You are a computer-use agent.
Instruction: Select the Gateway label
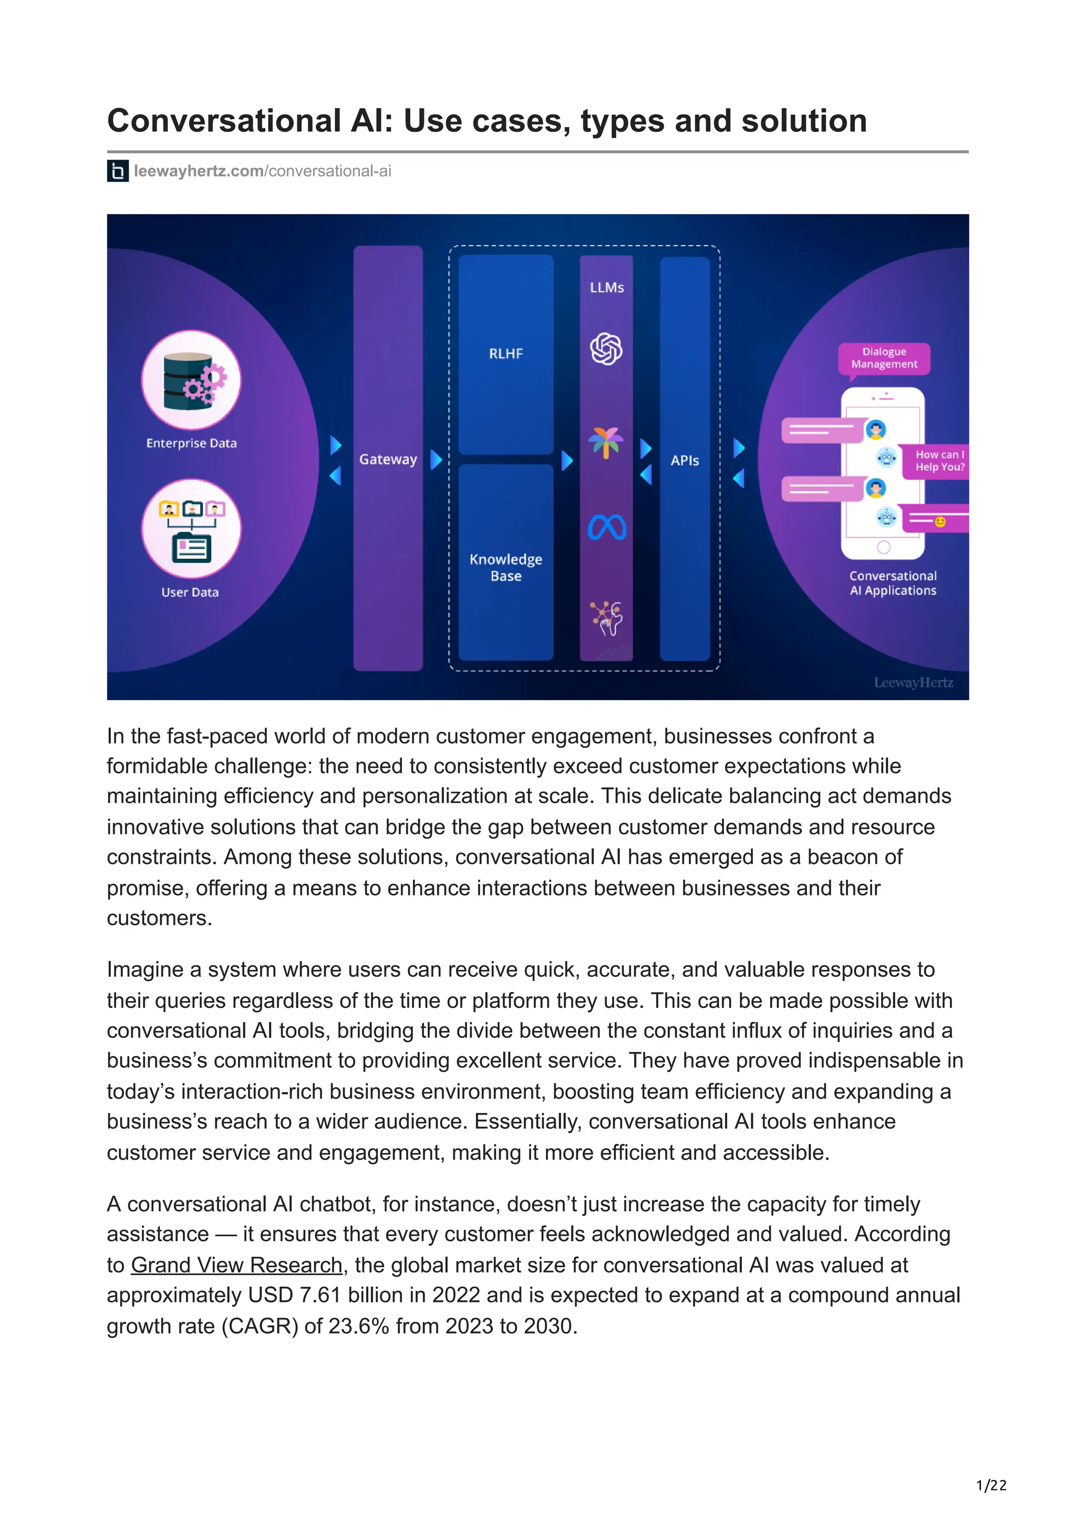(388, 460)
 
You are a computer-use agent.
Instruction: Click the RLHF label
(506, 354)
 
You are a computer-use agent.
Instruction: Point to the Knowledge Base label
(506, 567)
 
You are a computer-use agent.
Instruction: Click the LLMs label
(607, 288)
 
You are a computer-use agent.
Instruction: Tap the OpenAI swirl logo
(606, 349)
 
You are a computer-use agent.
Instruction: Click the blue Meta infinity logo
(607, 528)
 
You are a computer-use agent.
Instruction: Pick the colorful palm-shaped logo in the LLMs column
(606, 442)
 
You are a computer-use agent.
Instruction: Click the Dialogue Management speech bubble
(884, 358)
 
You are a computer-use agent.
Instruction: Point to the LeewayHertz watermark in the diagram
(913, 683)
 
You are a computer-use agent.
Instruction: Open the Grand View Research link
(236, 1266)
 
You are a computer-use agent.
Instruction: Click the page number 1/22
(991, 1486)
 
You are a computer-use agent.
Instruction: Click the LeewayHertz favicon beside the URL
(117, 171)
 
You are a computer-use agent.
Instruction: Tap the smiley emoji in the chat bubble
(939, 523)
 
